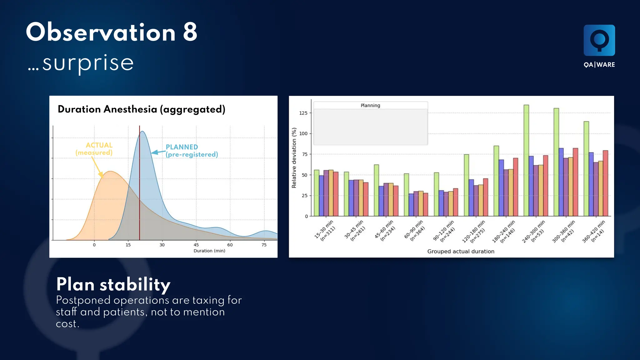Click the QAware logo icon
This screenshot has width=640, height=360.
coord(599,40)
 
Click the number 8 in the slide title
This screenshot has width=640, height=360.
coord(190,32)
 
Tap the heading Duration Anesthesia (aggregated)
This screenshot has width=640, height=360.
coord(141,109)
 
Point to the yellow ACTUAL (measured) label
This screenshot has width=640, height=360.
coord(94,149)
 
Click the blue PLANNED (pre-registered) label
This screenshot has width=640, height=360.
coord(191,151)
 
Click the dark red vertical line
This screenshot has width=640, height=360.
coord(139,187)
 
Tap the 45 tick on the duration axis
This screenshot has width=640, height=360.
coord(196,245)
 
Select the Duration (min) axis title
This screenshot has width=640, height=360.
coord(209,251)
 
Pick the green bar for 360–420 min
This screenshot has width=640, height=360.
coord(586,169)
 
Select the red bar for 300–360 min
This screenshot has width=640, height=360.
coord(575,183)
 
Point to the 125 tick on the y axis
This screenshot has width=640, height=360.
coord(303,113)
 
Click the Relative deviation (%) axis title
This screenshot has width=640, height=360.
coord(294,158)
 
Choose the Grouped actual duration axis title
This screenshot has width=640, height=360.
coord(461,252)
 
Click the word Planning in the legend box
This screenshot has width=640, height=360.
coord(370,106)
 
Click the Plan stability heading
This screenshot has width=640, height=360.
coord(113,285)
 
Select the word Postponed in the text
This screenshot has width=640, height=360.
coord(83,301)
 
